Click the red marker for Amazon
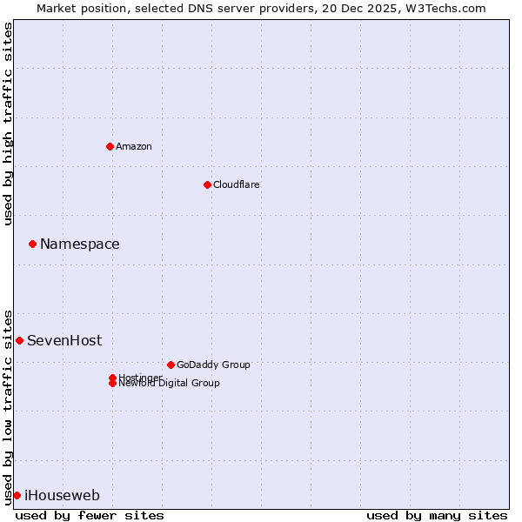[x=110, y=146]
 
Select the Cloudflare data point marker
[x=207, y=184]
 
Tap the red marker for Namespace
[x=32, y=244]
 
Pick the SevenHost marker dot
[x=19, y=340]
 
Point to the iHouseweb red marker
[x=17, y=495]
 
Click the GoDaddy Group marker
[x=171, y=365]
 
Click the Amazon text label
[x=134, y=146]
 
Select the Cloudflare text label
[x=237, y=184]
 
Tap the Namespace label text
[x=80, y=244]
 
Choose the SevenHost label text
[x=64, y=340]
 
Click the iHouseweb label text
[x=62, y=495]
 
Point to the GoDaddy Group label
[x=213, y=365]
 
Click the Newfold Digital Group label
[x=170, y=384]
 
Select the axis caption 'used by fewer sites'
[x=90, y=515]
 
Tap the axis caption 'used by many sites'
[x=437, y=515]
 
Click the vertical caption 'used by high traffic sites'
[x=8, y=124]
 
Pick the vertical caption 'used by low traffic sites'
[x=8, y=406]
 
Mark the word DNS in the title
[x=211, y=8]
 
